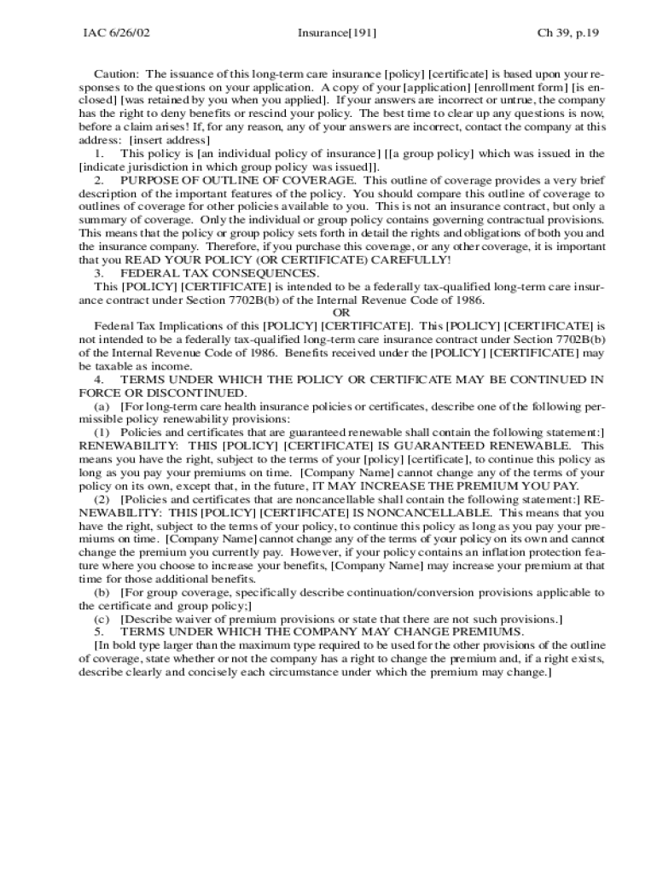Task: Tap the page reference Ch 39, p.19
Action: pos(568,33)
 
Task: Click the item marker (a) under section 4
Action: pos(102,405)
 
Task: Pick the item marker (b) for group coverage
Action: pos(102,591)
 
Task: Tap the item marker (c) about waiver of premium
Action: pos(102,619)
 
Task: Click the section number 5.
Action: pos(99,632)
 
